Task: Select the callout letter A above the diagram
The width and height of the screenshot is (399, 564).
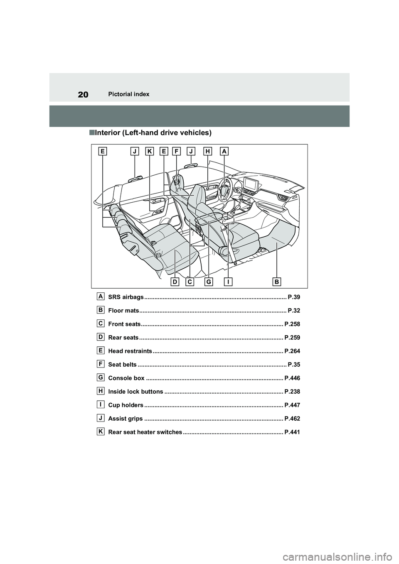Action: pyautogui.click(x=224, y=152)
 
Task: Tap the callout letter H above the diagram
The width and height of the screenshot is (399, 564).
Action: pyautogui.click(x=208, y=152)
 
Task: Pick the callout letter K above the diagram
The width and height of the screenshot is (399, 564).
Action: pyautogui.click(x=149, y=152)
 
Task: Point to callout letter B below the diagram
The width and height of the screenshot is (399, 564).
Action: pyautogui.click(x=277, y=282)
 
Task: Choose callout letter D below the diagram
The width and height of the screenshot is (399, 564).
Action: pyautogui.click(x=175, y=282)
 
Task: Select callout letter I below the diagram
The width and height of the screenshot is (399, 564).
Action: pyautogui.click(x=228, y=282)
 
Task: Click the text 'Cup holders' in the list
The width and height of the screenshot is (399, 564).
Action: pyautogui.click(x=126, y=405)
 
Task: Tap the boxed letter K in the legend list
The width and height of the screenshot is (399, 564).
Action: pyautogui.click(x=101, y=432)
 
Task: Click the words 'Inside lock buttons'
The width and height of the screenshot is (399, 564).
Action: pyautogui.click(x=135, y=392)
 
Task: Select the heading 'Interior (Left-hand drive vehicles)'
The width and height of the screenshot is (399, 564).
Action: pyautogui.click(x=153, y=133)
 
